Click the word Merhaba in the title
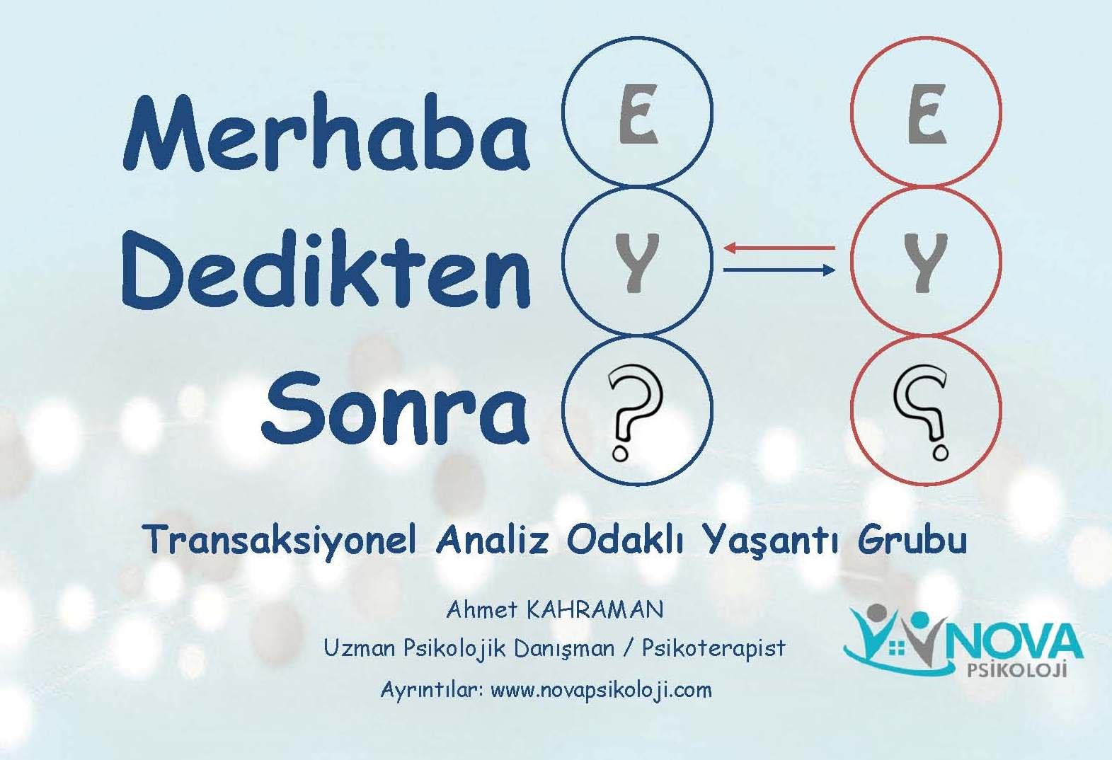pyautogui.click(x=326, y=132)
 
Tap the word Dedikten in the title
pyautogui.click(x=326, y=269)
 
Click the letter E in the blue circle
pyautogui.click(x=638, y=114)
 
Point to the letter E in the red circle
pyautogui.click(x=927, y=114)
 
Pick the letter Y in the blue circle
pyautogui.click(x=637, y=263)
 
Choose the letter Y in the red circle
pyautogui.click(x=925, y=263)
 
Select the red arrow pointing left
pyautogui.click(x=779, y=247)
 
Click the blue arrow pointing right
pyautogui.click(x=779, y=270)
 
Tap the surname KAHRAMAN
pyautogui.click(x=595, y=609)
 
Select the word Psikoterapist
pyautogui.click(x=714, y=648)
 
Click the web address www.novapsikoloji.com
pyautogui.click(x=601, y=689)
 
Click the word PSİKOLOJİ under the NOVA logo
pyautogui.click(x=1018, y=670)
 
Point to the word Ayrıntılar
pyautogui.click(x=432, y=691)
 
